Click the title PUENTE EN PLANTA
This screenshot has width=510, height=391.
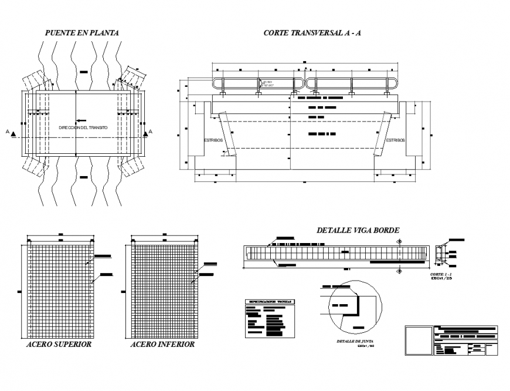click(x=82, y=33)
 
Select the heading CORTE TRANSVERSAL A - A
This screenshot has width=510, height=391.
click(x=312, y=33)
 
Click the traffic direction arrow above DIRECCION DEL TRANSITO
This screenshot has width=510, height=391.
click(x=82, y=120)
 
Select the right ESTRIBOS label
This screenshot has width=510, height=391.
click(x=395, y=140)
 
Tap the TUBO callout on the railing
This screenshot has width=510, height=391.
click(x=268, y=84)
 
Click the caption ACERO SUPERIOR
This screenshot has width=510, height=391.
click(x=59, y=345)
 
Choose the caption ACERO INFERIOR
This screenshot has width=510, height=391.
click(x=162, y=345)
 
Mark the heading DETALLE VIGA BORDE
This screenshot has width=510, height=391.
click(x=358, y=231)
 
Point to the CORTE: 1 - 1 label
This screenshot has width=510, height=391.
click(x=440, y=274)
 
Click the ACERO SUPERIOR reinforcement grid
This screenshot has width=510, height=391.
click(x=59, y=290)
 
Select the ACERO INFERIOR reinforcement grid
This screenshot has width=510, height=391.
click(x=162, y=290)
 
